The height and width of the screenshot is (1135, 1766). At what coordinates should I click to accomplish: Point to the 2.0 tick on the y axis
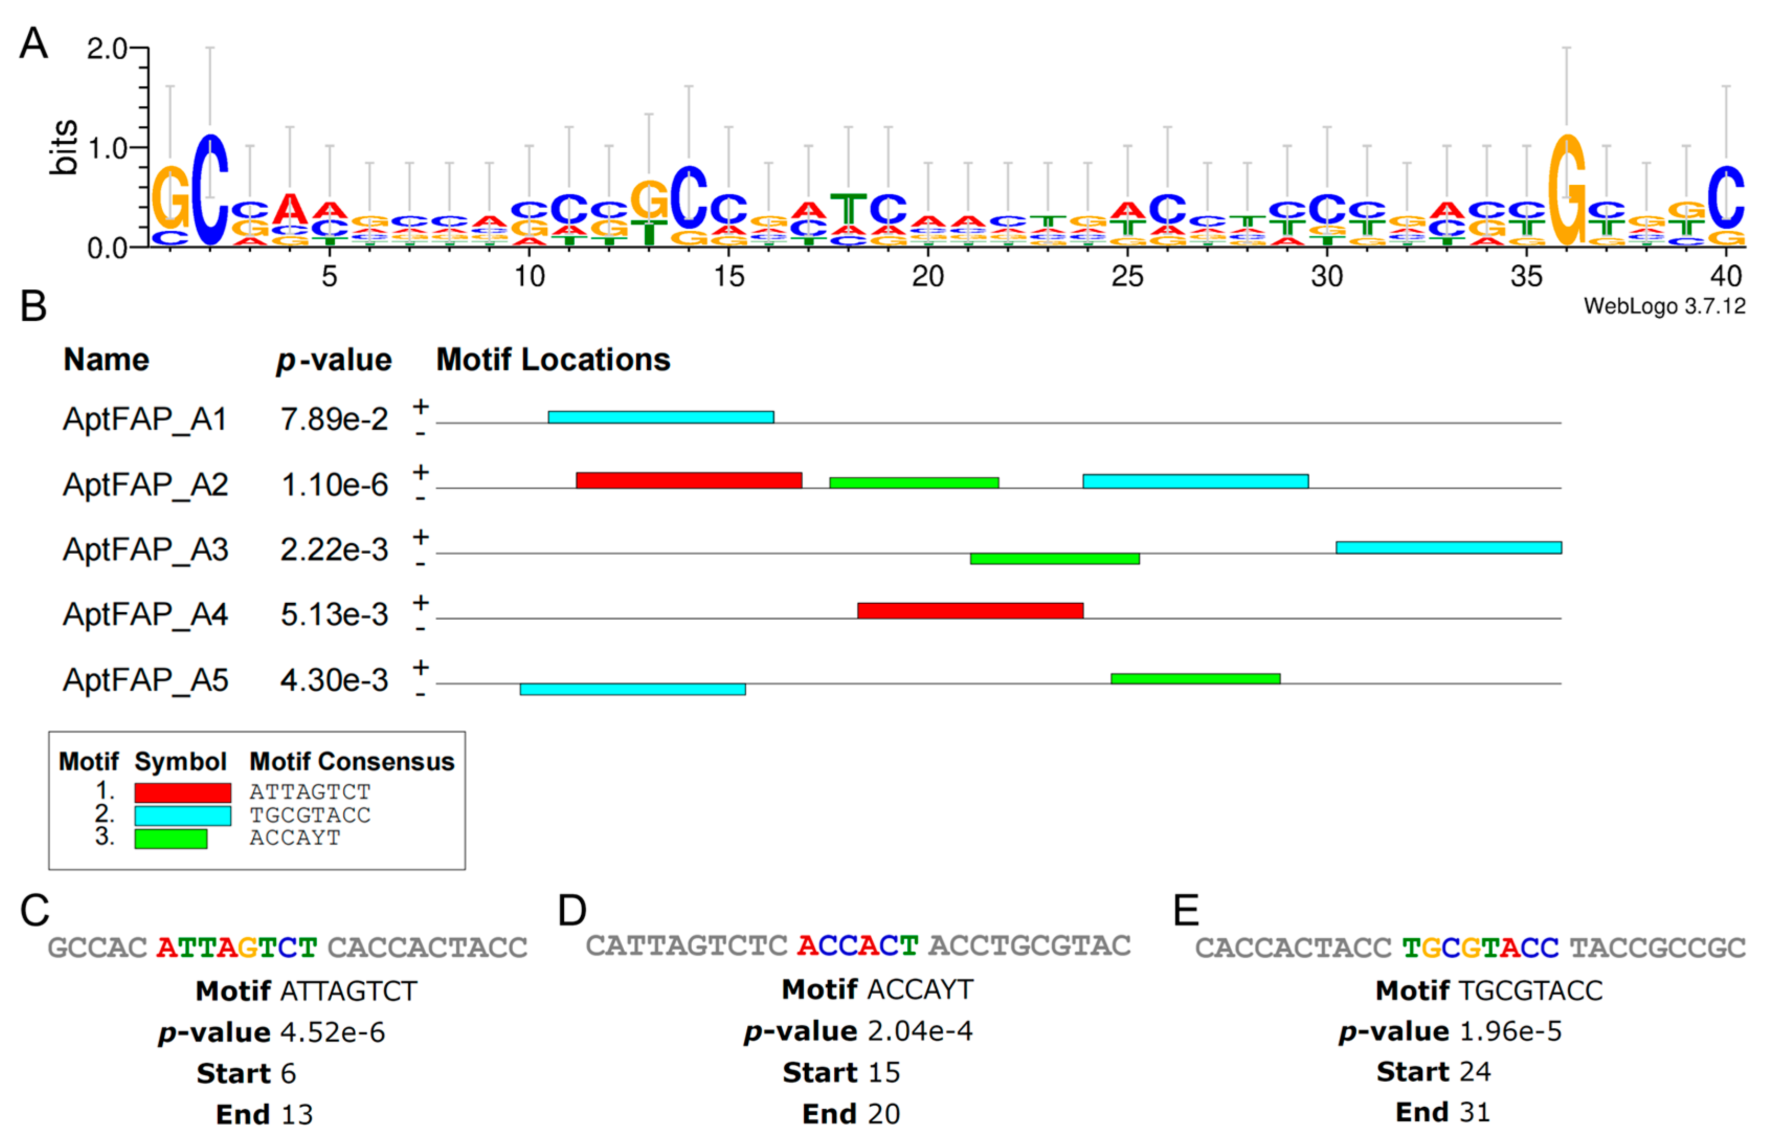pyautogui.click(x=107, y=49)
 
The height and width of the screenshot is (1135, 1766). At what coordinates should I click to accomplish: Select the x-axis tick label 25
pyautogui.click(x=1127, y=276)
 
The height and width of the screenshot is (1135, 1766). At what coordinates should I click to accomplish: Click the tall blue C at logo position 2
pyautogui.click(x=210, y=189)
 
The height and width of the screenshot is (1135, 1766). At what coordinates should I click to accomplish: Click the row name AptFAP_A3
pyautogui.click(x=145, y=550)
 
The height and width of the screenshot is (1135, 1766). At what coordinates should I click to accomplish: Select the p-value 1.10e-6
pyautogui.click(x=334, y=485)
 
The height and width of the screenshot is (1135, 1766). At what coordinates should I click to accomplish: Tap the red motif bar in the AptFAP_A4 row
pyautogui.click(x=970, y=610)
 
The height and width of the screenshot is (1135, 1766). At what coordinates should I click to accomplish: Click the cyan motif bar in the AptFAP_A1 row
pyautogui.click(x=660, y=417)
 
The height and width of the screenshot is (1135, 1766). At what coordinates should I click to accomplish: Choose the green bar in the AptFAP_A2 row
pyautogui.click(x=914, y=483)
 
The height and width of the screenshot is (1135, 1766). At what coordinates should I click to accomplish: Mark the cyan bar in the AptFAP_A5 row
pyautogui.click(x=632, y=689)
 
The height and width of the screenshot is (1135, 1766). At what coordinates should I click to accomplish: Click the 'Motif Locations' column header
pyautogui.click(x=553, y=359)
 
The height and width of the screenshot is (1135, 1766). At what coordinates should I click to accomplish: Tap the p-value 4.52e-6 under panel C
pyautogui.click(x=332, y=1032)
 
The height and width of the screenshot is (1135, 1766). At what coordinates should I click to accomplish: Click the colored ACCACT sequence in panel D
pyautogui.click(x=857, y=946)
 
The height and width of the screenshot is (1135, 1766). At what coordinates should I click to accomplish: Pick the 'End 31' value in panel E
pyautogui.click(x=1442, y=1112)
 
